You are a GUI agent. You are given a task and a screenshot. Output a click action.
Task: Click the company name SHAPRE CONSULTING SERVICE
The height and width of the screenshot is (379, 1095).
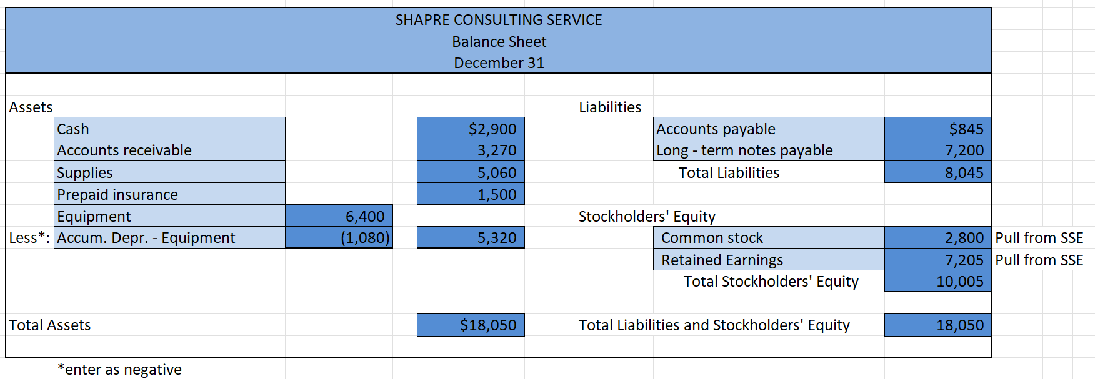(x=499, y=20)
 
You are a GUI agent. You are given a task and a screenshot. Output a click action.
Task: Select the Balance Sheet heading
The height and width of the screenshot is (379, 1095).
(x=499, y=42)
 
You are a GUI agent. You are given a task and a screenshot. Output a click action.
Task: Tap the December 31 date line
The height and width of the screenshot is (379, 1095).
(x=499, y=63)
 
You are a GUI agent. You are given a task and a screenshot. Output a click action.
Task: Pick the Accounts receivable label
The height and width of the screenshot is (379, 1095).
(x=124, y=150)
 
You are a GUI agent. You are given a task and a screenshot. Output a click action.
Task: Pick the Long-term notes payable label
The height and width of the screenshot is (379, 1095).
(x=744, y=150)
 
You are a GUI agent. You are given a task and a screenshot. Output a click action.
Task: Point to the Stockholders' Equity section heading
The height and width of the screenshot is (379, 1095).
(x=647, y=217)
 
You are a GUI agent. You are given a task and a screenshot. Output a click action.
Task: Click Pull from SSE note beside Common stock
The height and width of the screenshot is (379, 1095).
(x=1039, y=238)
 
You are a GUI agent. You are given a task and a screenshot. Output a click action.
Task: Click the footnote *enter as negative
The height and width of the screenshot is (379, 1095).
(x=119, y=369)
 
